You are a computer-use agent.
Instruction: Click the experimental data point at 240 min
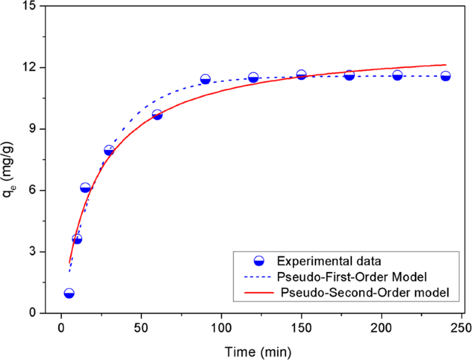tap(445, 76)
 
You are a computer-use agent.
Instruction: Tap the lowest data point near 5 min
tap(69, 293)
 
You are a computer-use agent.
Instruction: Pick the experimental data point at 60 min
tap(157, 115)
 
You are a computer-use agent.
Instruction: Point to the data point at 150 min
tap(301, 75)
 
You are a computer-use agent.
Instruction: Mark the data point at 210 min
tap(398, 75)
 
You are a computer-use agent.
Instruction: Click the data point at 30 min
tap(109, 150)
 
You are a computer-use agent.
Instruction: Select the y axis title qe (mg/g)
tap(10, 159)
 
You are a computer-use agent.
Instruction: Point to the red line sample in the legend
tap(259, 293)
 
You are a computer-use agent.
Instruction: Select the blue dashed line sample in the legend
tap(259, 277)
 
